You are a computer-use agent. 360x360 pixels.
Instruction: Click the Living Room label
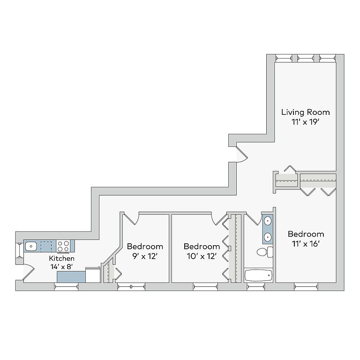305,112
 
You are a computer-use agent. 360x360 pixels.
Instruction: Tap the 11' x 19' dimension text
305,122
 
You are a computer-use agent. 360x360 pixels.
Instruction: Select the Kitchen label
61,259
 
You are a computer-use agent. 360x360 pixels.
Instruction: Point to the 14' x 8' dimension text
61,267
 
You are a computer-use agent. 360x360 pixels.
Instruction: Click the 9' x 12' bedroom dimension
144,256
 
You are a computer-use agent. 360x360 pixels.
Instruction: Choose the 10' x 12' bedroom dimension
202,256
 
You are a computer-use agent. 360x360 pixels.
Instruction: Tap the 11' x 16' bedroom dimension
306,244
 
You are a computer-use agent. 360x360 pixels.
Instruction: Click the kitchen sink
31,247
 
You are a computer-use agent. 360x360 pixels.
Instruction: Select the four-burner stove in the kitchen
63,246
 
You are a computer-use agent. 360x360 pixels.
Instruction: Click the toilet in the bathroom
265,252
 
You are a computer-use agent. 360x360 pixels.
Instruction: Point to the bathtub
258,275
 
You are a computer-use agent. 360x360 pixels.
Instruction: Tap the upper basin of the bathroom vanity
268,221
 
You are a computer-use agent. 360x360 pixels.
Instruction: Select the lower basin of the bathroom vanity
268,237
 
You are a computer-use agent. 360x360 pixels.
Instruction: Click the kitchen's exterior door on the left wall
29,272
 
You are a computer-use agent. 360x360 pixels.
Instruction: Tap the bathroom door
254,219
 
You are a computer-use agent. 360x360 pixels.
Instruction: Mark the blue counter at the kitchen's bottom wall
71,277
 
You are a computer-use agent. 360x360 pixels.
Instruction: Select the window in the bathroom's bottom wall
256,286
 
